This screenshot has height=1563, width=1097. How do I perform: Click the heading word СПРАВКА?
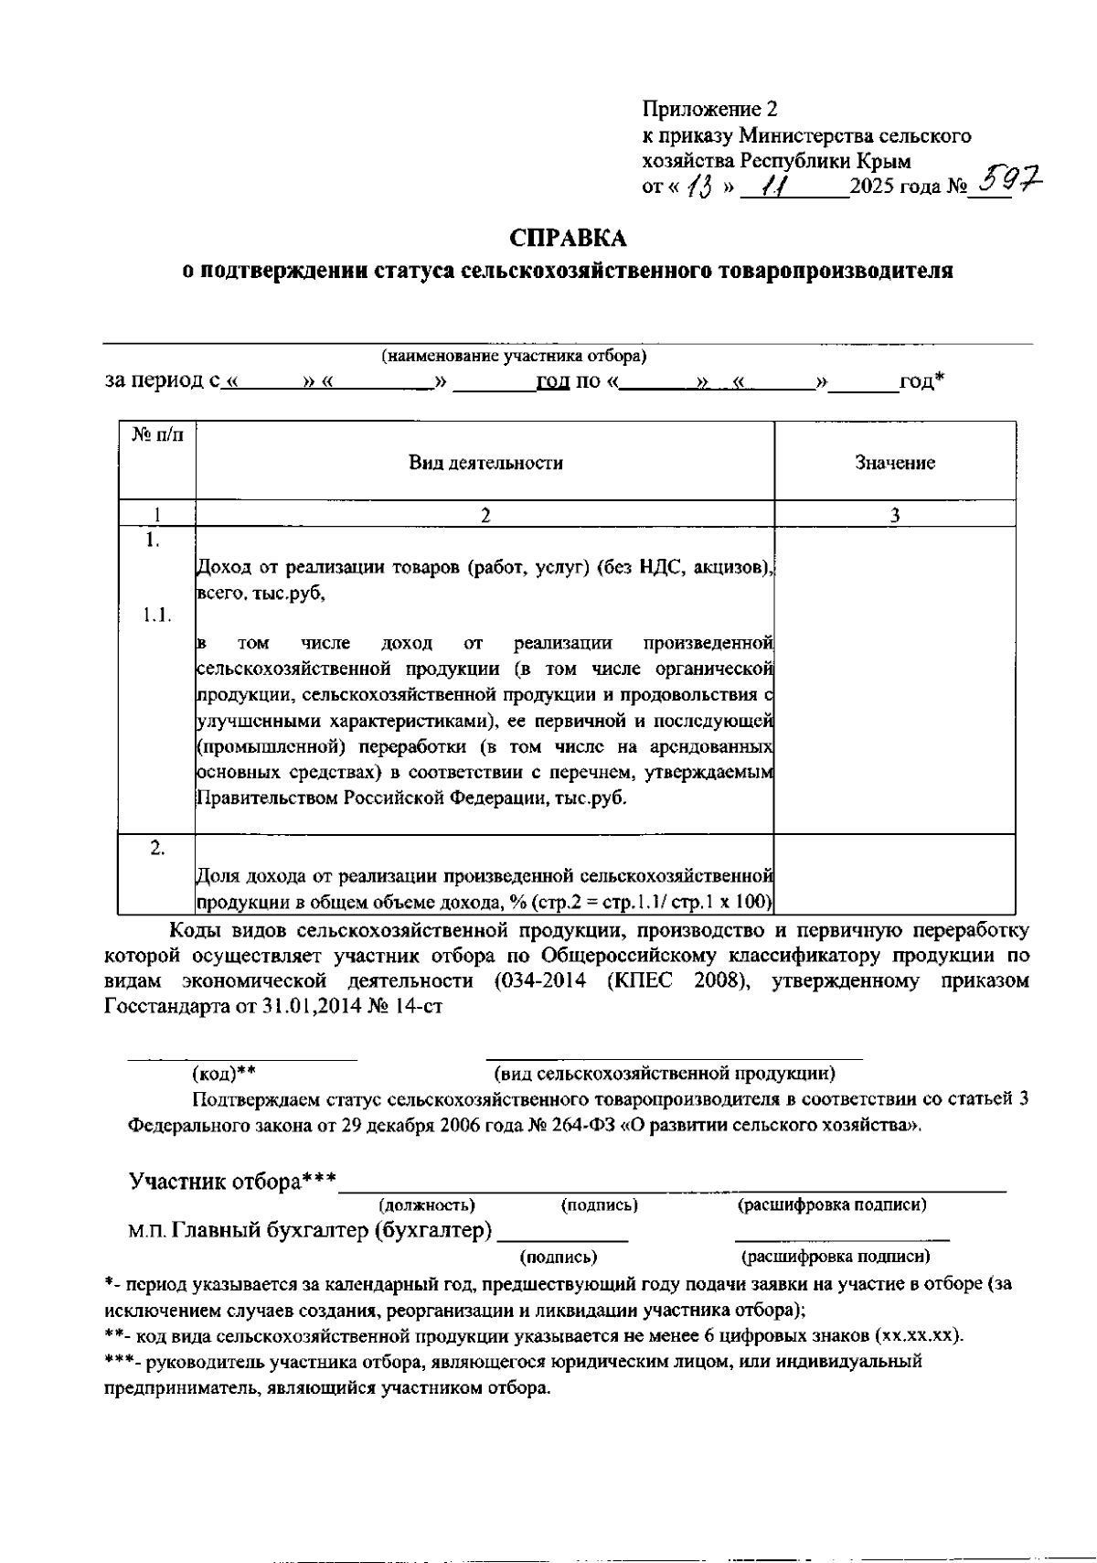(569, 239)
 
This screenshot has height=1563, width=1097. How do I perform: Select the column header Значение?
(895, 463)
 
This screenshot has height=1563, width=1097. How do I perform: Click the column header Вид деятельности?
(485, 463)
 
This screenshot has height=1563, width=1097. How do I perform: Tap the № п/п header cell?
(157, 435)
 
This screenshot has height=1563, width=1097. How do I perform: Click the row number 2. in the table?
(157, 848)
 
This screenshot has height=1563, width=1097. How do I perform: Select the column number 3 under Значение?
(895, 516)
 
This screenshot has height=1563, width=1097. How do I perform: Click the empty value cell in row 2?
(895, 874)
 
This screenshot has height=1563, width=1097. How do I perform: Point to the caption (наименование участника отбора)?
(514, 356)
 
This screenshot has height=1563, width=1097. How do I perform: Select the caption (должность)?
(427, 1205)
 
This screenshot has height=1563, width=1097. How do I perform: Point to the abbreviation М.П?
(145, 1231)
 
